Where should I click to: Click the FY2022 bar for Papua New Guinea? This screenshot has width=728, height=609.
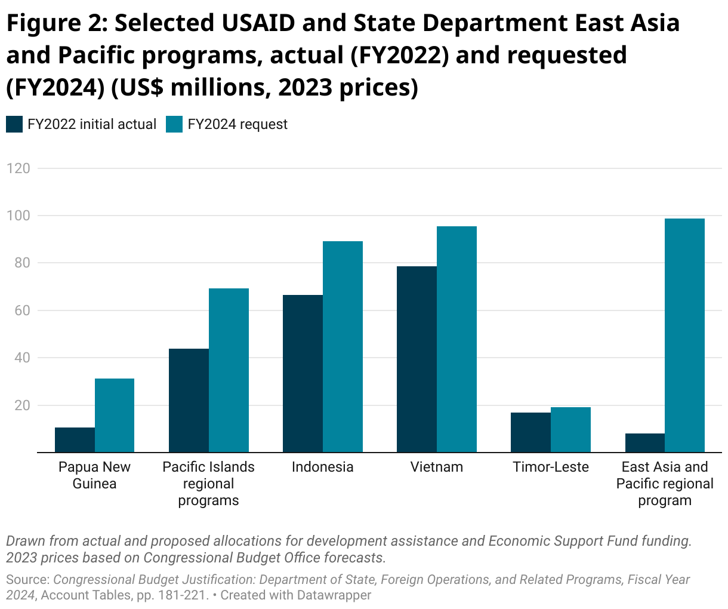tap(75, 440)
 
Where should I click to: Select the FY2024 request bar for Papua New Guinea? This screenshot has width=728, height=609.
tap(115, 416)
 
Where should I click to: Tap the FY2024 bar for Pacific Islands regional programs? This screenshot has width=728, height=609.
tap(229, 370)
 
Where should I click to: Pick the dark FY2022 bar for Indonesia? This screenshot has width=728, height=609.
tap(303, 374)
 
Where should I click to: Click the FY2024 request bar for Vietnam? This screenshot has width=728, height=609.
tap(456, 339)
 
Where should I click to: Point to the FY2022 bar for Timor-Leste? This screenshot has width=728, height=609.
tap(530, 432)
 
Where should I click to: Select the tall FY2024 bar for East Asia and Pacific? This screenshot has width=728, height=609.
tap(684, 336)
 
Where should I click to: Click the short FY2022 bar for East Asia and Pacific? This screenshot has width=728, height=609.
tap(645, 443)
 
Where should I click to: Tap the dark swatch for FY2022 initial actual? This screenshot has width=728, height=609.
tap(14, 124)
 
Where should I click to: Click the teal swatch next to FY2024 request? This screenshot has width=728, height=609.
tap(174, 124)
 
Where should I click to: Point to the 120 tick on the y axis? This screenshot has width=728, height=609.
tap(18, 168)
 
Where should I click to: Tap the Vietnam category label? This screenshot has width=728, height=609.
tap(437, 467)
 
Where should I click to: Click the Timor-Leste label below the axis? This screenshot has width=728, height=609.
tap(551, 467)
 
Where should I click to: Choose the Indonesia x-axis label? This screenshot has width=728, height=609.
tap(322, 467)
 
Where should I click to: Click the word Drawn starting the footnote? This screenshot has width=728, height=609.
tap(25, 541)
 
